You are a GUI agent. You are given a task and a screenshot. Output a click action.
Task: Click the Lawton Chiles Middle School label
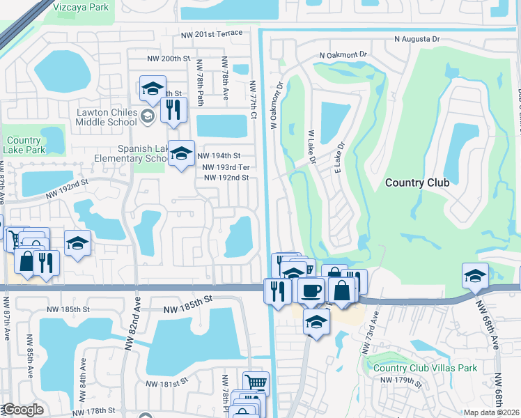pyautogui.click(x=107, y=117)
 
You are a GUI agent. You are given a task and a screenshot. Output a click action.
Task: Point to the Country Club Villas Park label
pyautogui.click(x=424, y=369)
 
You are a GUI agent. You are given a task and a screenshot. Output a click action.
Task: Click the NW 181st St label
pyautogui.click(x=166, y=383)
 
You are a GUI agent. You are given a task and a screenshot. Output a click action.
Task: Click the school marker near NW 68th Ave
pyautogui.click(x=475, y=276)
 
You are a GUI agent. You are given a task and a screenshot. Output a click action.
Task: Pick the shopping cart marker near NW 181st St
pyautogui.click(x=256, y=382)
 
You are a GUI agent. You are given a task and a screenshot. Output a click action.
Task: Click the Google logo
pyautogui.click(x=22, y=410)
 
